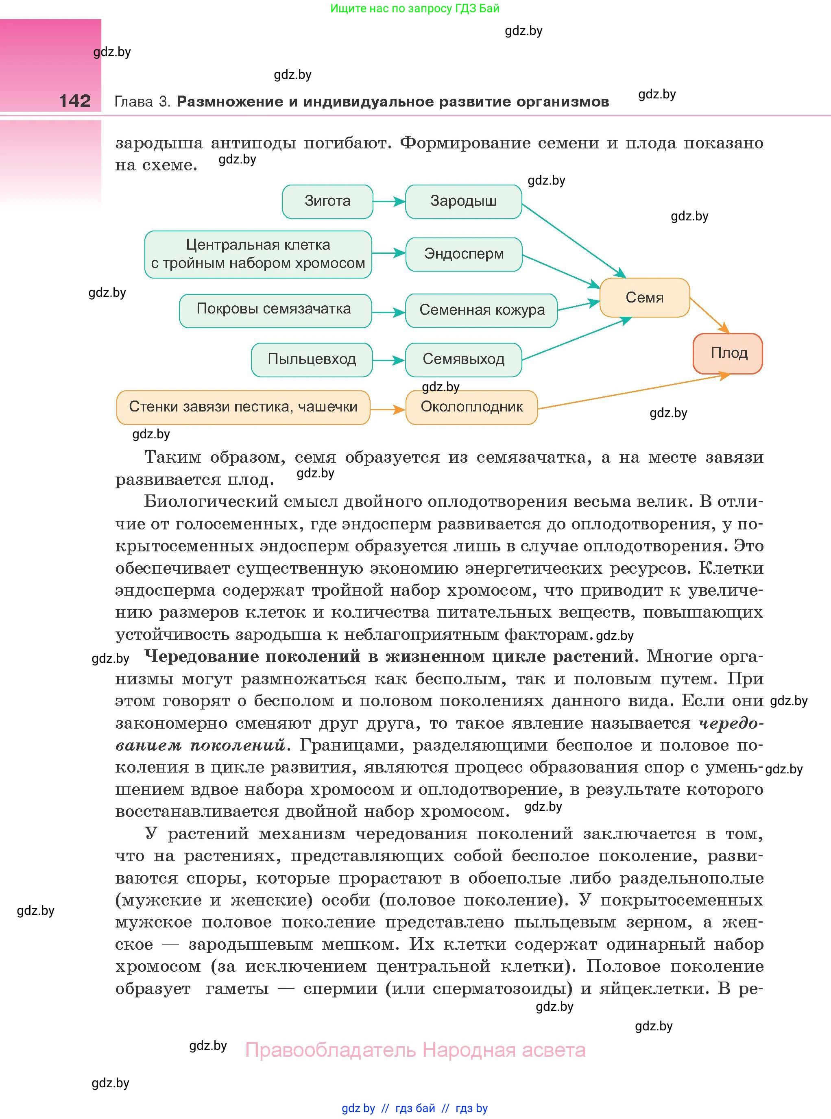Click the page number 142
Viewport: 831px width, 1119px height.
tap(75, 101)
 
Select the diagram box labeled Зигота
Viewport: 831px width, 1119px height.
tap(327, 201)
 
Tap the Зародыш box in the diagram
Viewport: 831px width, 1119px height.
tap(463, 201)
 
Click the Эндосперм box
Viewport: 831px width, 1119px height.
tap(463, 254)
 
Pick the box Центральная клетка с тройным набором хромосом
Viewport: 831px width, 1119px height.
tap(258, 254)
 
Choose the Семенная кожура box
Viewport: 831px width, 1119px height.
tap(482, 310)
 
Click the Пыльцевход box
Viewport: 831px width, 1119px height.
tap(312, 359)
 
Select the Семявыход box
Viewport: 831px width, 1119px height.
tap(463, 359)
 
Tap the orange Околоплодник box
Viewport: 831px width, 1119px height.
tap(471, 407)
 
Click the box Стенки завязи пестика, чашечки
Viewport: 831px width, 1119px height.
tap(243, 407)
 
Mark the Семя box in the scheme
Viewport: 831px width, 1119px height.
tap(644, 297)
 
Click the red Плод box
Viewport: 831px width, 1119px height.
tap(728, 353)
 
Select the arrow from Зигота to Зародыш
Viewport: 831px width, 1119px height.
tap(389, 202)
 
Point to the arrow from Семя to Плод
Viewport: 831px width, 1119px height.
tap(709, 315)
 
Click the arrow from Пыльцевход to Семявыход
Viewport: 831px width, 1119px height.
tap(388, 360)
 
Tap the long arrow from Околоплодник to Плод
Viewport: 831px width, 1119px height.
tap(634, 391)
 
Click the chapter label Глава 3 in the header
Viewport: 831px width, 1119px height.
tap(142, 102)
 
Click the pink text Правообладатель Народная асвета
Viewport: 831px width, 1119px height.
tap(415, 1050)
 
